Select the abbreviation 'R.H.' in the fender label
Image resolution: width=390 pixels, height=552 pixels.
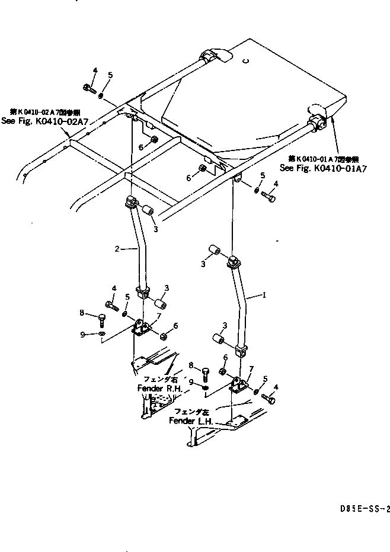tap(174, 388)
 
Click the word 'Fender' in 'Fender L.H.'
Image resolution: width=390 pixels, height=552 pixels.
tap(181, 421)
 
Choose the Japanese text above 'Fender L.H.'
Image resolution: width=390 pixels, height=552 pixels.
tap(189, 412)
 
